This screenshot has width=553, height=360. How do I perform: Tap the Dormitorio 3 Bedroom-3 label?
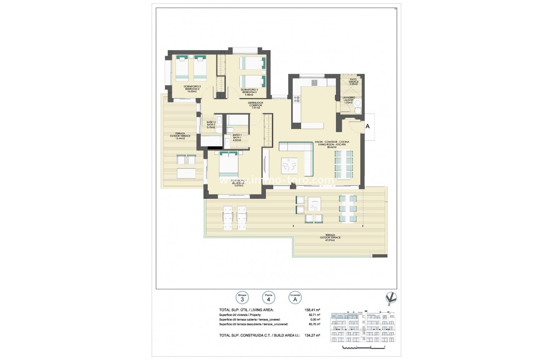point(249,92)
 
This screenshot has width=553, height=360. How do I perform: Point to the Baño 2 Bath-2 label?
point(211,124)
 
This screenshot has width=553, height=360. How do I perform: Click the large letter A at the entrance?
point(367,126)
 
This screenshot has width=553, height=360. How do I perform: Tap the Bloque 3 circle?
point(242,298)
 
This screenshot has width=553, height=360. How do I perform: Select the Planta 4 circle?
point(268,298)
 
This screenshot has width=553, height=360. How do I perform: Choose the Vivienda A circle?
point(295,298)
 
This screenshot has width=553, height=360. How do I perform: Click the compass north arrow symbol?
point(391,298)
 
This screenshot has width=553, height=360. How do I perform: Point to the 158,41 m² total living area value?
point(312,310)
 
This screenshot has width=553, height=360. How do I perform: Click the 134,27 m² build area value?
point(312,335)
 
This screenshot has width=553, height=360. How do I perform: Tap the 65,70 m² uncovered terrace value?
point(313,324)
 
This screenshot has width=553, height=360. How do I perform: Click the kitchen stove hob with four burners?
point(297,99)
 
